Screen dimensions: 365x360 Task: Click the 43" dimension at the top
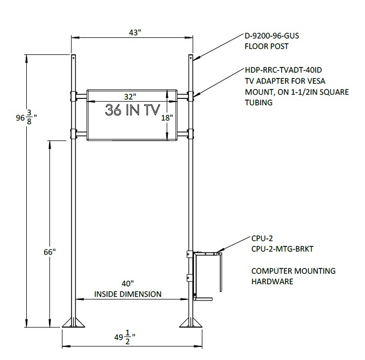click(x=135, y=33)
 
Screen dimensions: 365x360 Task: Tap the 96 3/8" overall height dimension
click(x=26, y=118)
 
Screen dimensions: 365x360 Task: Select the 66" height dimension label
click(x=50, y=252)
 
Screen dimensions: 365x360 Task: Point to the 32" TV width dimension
click(x=130, y=96)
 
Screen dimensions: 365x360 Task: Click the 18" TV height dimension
click(x=167, y=118)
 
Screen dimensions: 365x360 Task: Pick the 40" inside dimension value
click(x=128, y=284)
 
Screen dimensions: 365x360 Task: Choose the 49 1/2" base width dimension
click(x=125, y=337)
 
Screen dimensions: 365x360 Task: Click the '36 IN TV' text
click(x=133, y=110)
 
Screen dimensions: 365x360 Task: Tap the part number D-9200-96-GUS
click(x=272, y=36)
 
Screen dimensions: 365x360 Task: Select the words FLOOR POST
click(x=267, y=46)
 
